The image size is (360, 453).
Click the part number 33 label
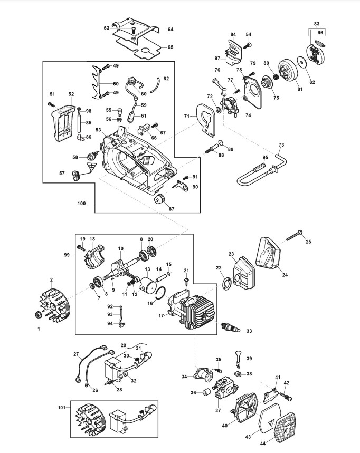(x=249, y=331)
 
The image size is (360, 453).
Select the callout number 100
(x=81, y=204)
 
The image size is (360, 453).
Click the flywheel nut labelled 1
(x=38, y=315)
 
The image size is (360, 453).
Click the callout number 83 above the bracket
(x=317, y=24)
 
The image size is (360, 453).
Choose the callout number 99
(x=67, y=255)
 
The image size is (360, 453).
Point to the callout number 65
(x=170, y=47)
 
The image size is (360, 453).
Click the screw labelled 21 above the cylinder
(x=186, y=280)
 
